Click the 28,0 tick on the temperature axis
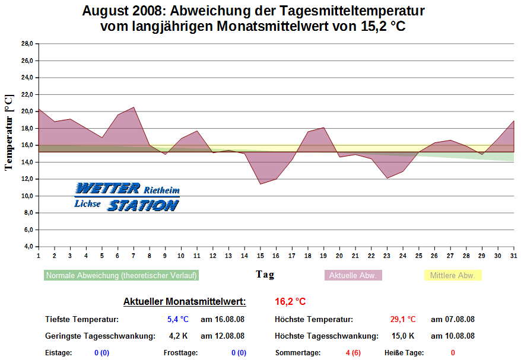click(x=27, y=43)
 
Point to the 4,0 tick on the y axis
click(x=27, y=246)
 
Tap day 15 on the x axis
click(x=260, y=256)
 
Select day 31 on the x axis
click(x=513, y=256)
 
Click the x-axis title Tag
click(x=265, y=275)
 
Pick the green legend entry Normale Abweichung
click(x=121, y=276)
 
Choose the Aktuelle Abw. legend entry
click(x=353, y=276)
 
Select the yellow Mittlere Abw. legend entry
click(x=452, y=276)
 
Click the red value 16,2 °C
click(x=290, y=302)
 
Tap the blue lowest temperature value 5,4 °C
click(x=177, y=319)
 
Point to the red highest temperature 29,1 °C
click(x=403, y=319)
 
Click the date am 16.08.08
click(x=223, y=319)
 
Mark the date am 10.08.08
click(x=452, y=336)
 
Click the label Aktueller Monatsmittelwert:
click(x=185, y=302)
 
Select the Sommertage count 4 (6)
click(x=353, y=353)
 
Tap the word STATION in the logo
click(x=142, y=205)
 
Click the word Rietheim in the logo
click(x=161, y=190)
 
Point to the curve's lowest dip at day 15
click(x=260, y=184)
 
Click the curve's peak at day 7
click(x=134, y=107)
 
